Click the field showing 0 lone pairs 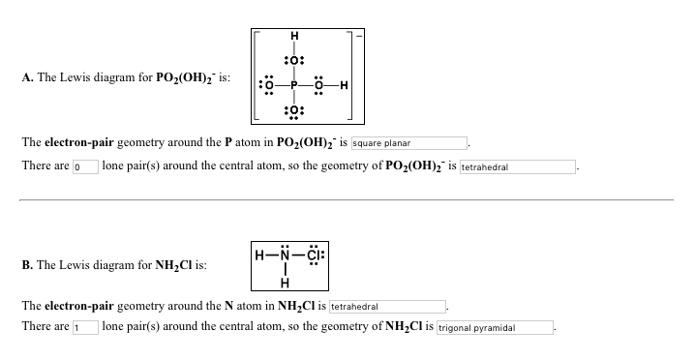tap(84, 166)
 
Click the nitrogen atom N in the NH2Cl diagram tap(284, 256)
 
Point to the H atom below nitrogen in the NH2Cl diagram tap(284, 282)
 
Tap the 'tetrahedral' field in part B tap(387, 305)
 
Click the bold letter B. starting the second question tap(26, 263)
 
